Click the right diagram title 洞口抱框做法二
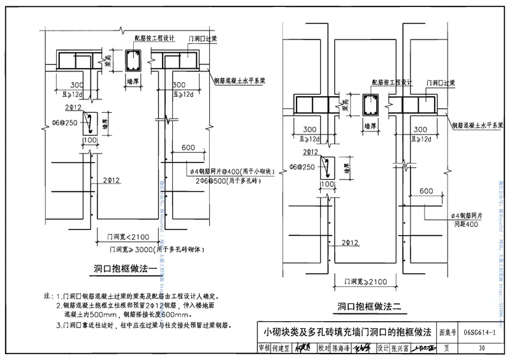click(369, 307)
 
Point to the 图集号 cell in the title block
click(448, 332)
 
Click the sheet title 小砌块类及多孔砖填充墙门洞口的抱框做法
click(348, 332)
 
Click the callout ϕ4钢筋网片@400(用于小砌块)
click(231, 171)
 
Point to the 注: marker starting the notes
click(47, 296)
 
